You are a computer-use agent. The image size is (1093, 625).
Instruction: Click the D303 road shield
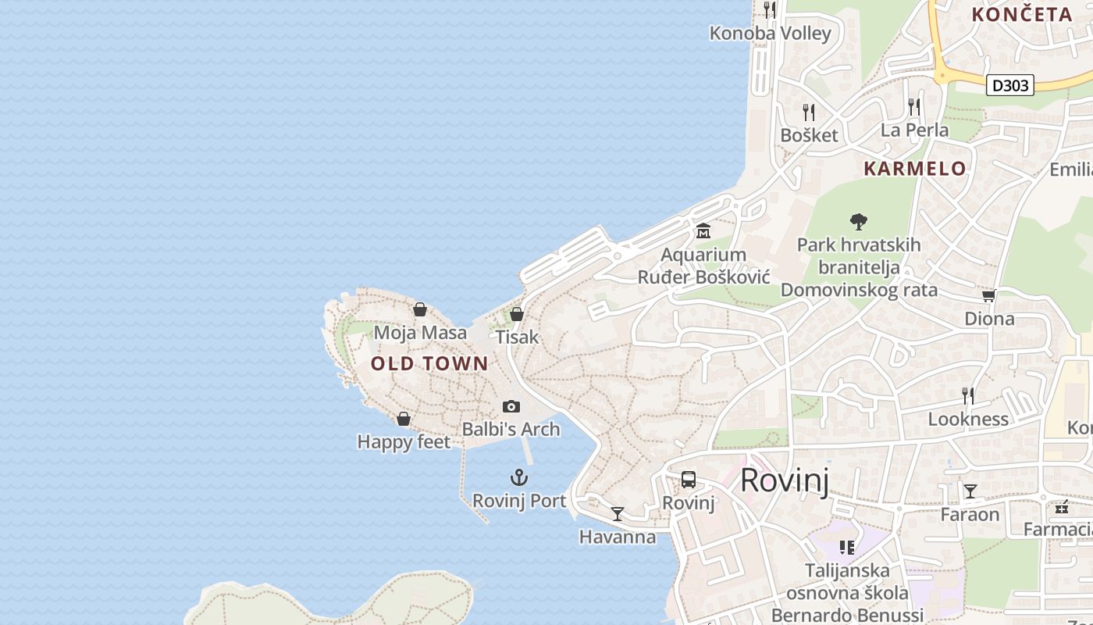click(x=1010, y=85)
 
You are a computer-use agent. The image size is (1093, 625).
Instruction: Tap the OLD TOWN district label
click(x=429, y=363)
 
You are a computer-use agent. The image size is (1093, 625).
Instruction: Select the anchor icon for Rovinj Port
click(x=519, y=477)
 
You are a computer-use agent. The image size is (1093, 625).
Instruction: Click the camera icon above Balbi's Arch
click(x=511, y=406)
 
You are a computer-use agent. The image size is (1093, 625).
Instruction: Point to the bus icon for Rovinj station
click(x=688, y=480)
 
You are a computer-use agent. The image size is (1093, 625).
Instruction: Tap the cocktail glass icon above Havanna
click(x=618, y=513)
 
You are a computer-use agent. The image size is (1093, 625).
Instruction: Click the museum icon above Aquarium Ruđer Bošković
click(x=703, y=230)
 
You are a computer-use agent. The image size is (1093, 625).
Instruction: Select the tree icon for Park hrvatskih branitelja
click(x=859, y=221)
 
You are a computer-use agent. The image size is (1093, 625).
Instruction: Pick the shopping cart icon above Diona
click(x=989, y=295)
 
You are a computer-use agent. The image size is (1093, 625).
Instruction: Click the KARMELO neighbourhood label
click(x=915, y=169)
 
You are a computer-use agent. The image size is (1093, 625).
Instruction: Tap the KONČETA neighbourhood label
click(x=1021, y=14)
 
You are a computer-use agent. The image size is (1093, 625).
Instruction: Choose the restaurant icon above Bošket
click(x=809, y=112)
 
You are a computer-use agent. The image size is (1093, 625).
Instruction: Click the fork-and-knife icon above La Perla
click(x=914, y=107)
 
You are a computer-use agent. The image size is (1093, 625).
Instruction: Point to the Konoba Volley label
click(x=770, y=34)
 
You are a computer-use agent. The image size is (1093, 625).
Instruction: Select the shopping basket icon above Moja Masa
click(x=420, y=309)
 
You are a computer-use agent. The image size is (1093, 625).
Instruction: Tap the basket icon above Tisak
click(x=516, y=314)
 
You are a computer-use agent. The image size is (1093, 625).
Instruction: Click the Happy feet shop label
click(x=404, y=442)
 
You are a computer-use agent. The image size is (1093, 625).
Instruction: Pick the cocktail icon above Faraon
click(x=970, y=491)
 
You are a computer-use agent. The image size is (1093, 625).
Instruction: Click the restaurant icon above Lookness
click(x=968, y=396)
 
